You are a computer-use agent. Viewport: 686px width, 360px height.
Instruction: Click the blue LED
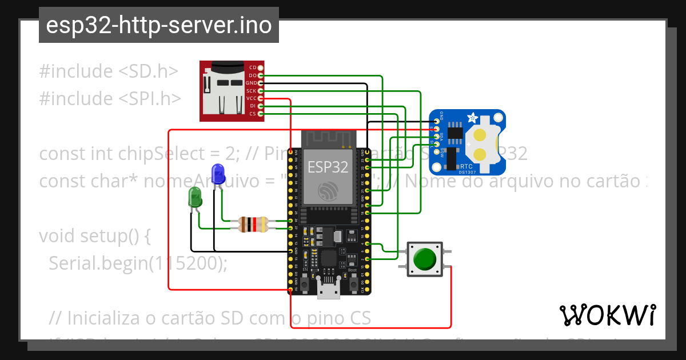pos(218,173)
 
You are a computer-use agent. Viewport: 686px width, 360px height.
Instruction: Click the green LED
pos(196,198)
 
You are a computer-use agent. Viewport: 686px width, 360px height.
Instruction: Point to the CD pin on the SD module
pos(261,67)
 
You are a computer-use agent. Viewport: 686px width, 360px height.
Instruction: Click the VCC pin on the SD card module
pos(261,98)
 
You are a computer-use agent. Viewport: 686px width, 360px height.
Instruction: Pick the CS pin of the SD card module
pos(261,114)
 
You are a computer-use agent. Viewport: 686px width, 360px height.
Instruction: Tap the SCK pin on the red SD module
pos(261,90)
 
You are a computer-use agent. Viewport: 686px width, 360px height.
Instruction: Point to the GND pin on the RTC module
pos(437,122)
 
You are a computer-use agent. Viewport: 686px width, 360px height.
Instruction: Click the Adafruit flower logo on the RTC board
pos(472,119)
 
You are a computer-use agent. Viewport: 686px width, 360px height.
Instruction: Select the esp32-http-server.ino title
pos(158,26)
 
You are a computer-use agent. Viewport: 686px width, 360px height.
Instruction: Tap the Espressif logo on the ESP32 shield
pos(328,191)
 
